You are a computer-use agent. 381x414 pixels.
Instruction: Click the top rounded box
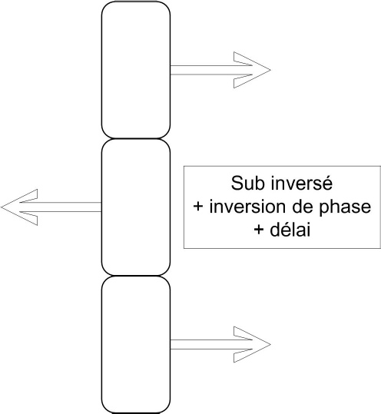tap(136, 70)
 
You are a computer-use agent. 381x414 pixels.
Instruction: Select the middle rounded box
tap(136, 207)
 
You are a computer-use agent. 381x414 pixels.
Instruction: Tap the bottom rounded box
tap(136, 345)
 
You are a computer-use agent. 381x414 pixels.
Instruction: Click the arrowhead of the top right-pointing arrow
tap(252, 70)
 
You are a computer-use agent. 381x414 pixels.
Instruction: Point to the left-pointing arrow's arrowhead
tap(19, 207)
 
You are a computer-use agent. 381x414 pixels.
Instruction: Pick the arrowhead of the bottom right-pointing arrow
tap(252, 345)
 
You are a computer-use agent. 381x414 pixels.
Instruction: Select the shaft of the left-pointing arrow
tap(61, 207)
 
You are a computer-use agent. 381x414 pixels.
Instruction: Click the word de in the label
tap(303, 207)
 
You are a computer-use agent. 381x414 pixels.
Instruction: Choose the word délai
tap(290, 229)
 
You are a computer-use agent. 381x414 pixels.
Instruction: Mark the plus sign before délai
tap(259, 230)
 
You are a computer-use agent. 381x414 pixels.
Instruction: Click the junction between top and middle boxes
tap(136, 138)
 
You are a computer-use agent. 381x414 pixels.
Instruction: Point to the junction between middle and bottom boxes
tap(136, 276)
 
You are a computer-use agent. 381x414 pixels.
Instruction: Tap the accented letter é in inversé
tap(327, 183)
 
